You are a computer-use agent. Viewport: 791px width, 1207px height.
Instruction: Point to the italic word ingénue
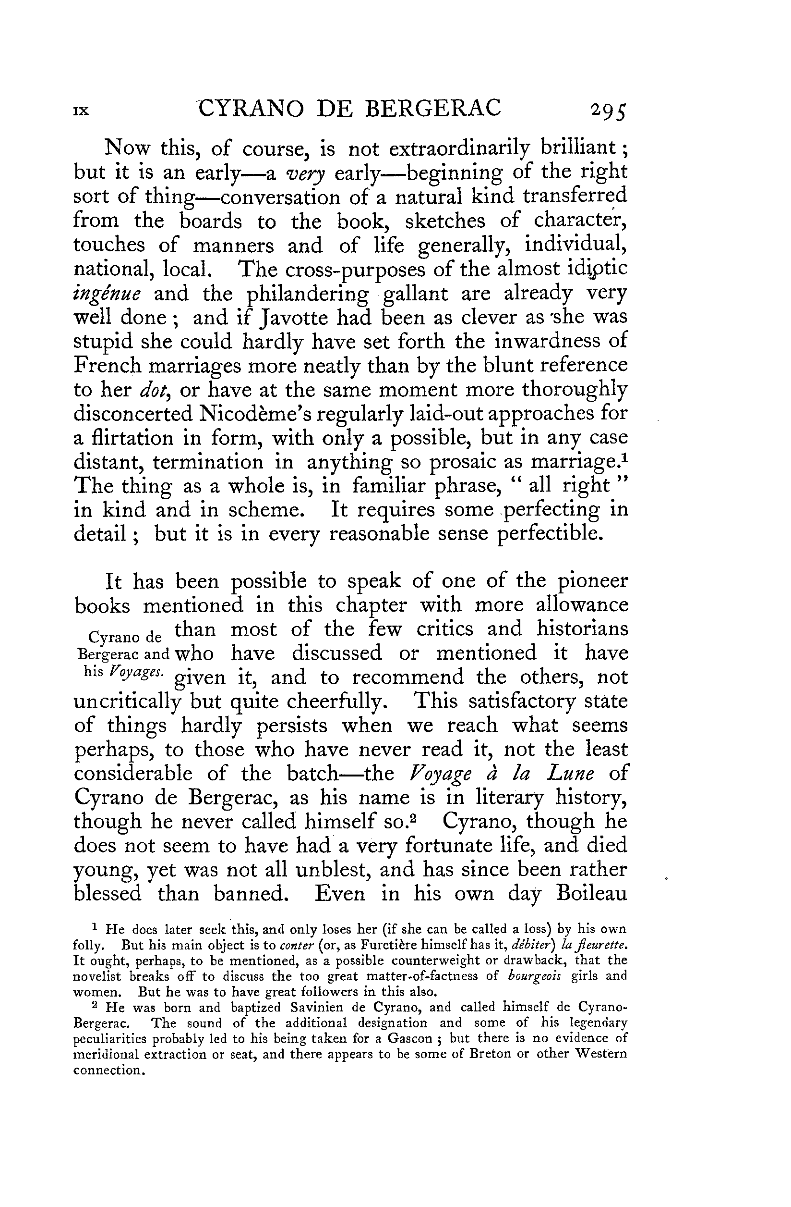[107, 295]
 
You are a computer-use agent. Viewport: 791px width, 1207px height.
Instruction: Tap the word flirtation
[131, 438]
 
